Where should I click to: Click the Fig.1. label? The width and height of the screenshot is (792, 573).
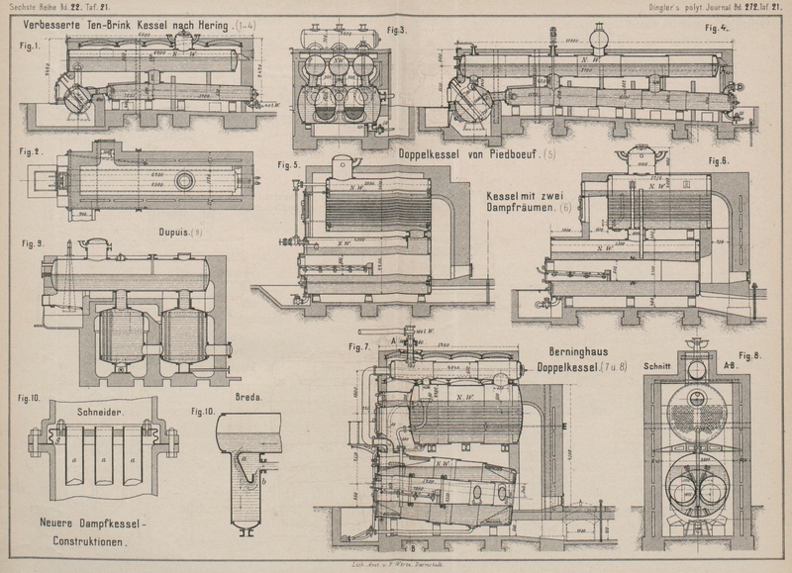30,45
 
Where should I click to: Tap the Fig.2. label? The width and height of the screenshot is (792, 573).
30,151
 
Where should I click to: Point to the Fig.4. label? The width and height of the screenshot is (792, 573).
717,28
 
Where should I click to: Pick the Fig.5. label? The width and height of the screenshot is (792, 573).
289,164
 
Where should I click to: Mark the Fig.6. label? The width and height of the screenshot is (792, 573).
719,160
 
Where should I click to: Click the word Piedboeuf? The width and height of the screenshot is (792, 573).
505,154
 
